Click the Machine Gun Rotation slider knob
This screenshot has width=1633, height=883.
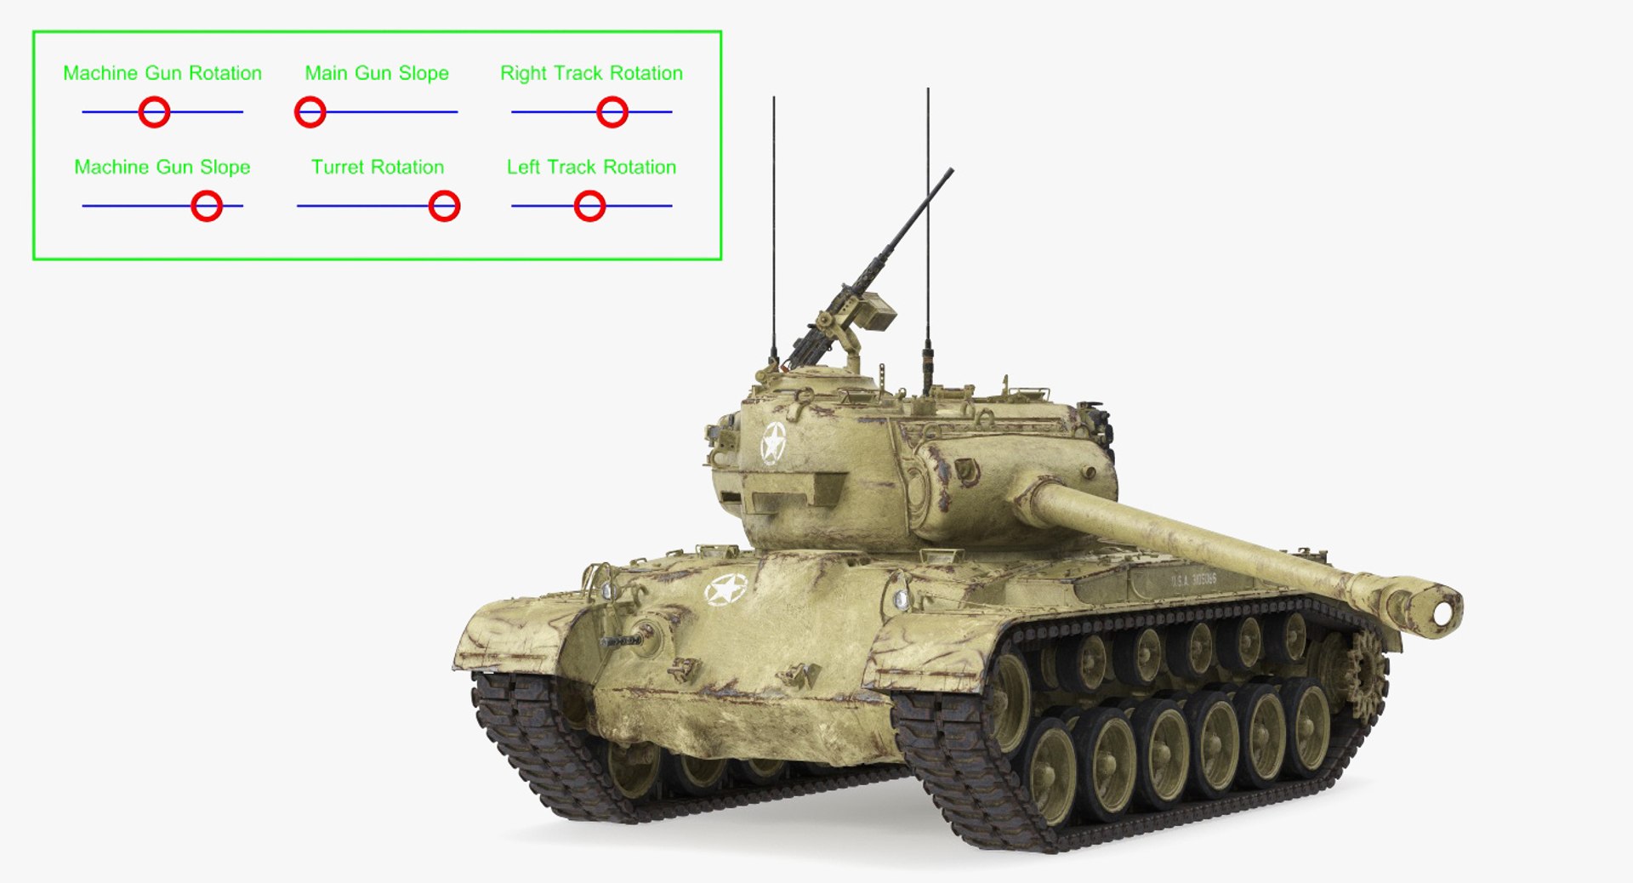point(154,112)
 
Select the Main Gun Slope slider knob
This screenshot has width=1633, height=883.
point(310,112)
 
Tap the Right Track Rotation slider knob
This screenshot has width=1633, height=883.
point(612,112)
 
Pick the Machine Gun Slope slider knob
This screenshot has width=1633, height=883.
point(207,206)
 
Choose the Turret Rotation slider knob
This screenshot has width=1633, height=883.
point(444,206)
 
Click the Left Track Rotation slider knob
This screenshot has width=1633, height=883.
point(589,206)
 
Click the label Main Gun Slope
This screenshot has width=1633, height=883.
point(377,73)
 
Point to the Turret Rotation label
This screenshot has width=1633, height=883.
point(378,167)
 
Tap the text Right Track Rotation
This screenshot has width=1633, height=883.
point(591,73)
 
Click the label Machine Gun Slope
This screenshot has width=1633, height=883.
point(162,167)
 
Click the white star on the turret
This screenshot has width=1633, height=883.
point(773,442)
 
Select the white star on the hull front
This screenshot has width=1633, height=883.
point(725,590)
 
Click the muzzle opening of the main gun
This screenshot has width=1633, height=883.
point(1442,612)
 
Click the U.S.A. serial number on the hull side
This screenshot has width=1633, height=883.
point(1193,580)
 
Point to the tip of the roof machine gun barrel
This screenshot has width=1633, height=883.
point(951,170)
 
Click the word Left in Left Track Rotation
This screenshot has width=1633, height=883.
point(523,167)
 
